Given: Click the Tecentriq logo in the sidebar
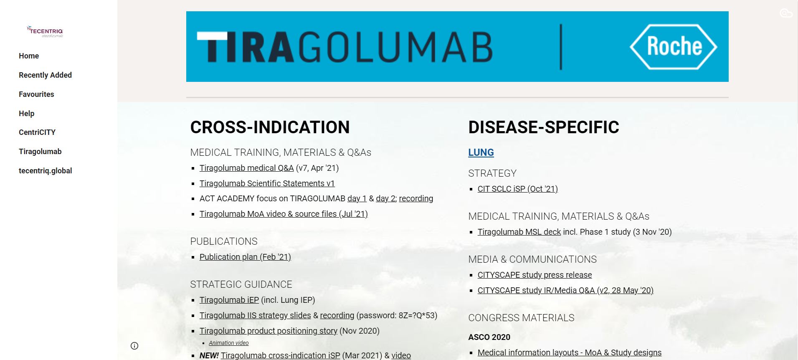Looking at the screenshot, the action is pyautogui.click(x=45, y=31).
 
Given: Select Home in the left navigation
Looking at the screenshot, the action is pyautogui.click(x=29, y=56).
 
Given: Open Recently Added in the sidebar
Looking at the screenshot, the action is pyautogui.click(x=45, y=75).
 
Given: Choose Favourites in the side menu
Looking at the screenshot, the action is pyautogui.click(x=36, y=94).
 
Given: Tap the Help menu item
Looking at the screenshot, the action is pyautogui.click(x=26, y=114).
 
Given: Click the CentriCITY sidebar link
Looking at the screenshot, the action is pyautogui.click(x=37, y=132).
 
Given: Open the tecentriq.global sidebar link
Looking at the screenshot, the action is pyautogui.click(x=45, y=171).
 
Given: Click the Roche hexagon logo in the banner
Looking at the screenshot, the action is pyautogui.click(x=673, y=46).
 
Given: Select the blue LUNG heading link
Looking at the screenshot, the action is pyautogui.click(x=481, y=152).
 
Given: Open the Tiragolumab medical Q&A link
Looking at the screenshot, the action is pyautogui.click(x=246, y=168).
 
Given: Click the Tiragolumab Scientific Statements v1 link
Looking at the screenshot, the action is pyautogui.click(x=267, y=183).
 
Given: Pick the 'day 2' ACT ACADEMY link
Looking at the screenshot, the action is pyautogui.click(x=385, y=198).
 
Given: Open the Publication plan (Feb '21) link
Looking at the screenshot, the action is pyautogui.click(x=245, y=257).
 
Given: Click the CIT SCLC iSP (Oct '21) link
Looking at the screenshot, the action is pyautogui.click(x=517, y=189).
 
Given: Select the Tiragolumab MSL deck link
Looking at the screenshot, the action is pyautogui.click(x=519, y=232).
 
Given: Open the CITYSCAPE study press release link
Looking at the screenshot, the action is pyautogui.click(x=535, y=275).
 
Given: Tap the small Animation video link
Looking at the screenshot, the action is pyautogui.click(x=228, y=343).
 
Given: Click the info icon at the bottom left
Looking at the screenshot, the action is pyautogui.click(x=134, y=346).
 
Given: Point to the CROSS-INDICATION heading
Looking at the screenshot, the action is pyautogui.click(x=270, y=127).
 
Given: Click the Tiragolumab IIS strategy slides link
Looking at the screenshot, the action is pyautogui.click(x=255, y=315).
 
